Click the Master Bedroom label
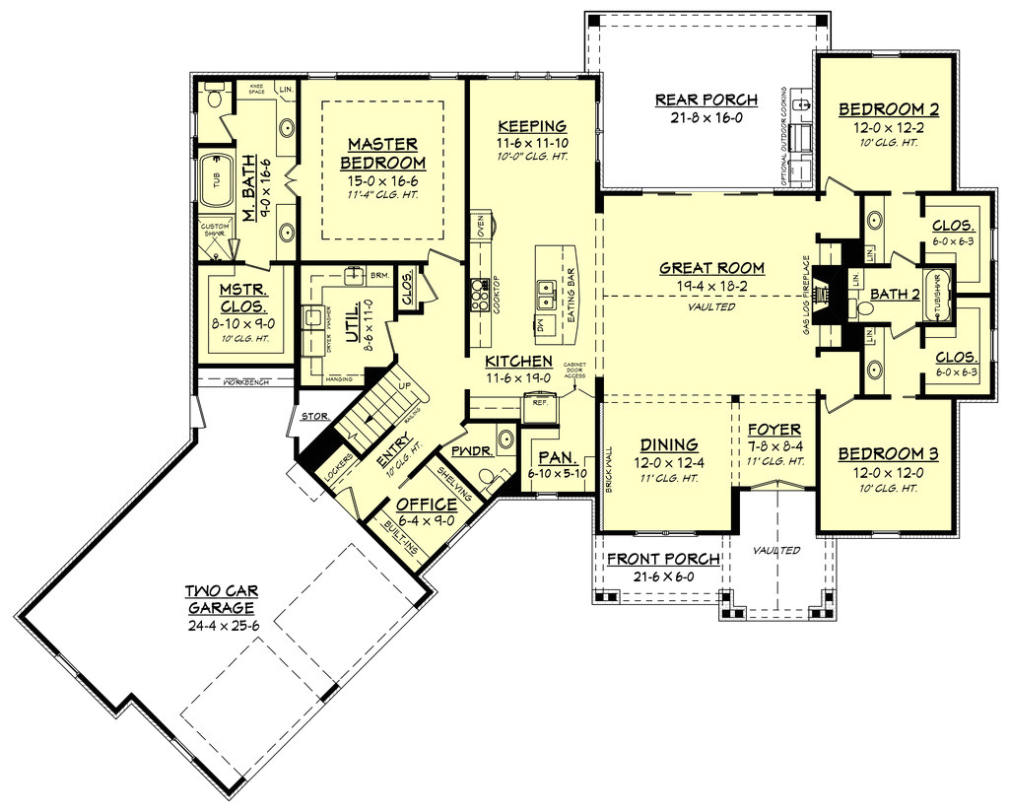[x=383, y=153]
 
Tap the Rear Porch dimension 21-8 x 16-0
[x=706, y=117]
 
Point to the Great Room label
[x=711, y=267]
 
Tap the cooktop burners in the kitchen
[x=481, y=293]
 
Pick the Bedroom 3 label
[x=887, y=454]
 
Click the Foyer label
[x=774, y=430]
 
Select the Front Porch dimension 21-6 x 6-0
[x=662, y=575]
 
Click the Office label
[x=427, y=505]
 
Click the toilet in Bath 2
[x=864, y=308]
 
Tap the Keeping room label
[x=531, y=125]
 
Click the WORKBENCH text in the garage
[x=245, y=381]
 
